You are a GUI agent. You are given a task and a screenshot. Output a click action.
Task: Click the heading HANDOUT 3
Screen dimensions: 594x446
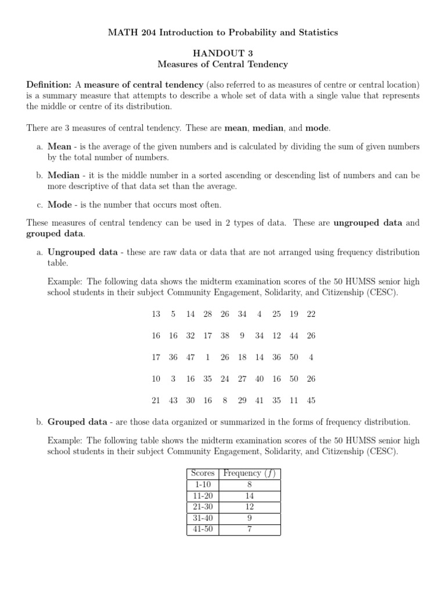point(223,52)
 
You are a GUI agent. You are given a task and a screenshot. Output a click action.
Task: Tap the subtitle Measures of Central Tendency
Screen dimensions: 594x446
point(223,64)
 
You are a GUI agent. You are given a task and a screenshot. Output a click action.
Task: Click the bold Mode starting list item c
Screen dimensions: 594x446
point(60,204)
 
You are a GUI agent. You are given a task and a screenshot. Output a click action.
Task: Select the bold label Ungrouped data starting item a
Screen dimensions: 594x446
point(82,252)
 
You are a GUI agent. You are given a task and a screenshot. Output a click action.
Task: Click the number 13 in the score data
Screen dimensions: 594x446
point(156,314)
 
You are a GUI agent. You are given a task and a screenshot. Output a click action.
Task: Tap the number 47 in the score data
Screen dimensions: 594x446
point(190,357)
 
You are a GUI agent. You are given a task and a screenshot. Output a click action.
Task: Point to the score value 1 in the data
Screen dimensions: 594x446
point(207,357)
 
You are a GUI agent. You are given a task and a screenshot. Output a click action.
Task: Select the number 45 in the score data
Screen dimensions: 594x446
point(311,400)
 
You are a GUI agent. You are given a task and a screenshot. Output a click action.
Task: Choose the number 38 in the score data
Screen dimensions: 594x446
point(225,335)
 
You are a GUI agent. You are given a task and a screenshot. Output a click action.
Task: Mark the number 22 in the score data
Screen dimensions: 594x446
point(311,314)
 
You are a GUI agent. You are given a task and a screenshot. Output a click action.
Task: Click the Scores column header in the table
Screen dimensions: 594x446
point(203,473)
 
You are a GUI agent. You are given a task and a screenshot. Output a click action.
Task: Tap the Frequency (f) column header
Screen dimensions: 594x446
point(250,473)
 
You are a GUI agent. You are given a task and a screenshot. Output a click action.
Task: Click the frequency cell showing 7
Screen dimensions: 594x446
point(250,529)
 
